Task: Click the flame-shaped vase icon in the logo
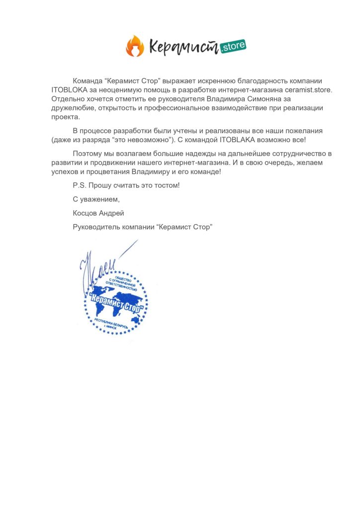[133, 46]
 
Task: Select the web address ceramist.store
[308, 90]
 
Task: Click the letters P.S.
[79, 185]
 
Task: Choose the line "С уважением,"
[96, 199]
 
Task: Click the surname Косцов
[86, 213]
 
